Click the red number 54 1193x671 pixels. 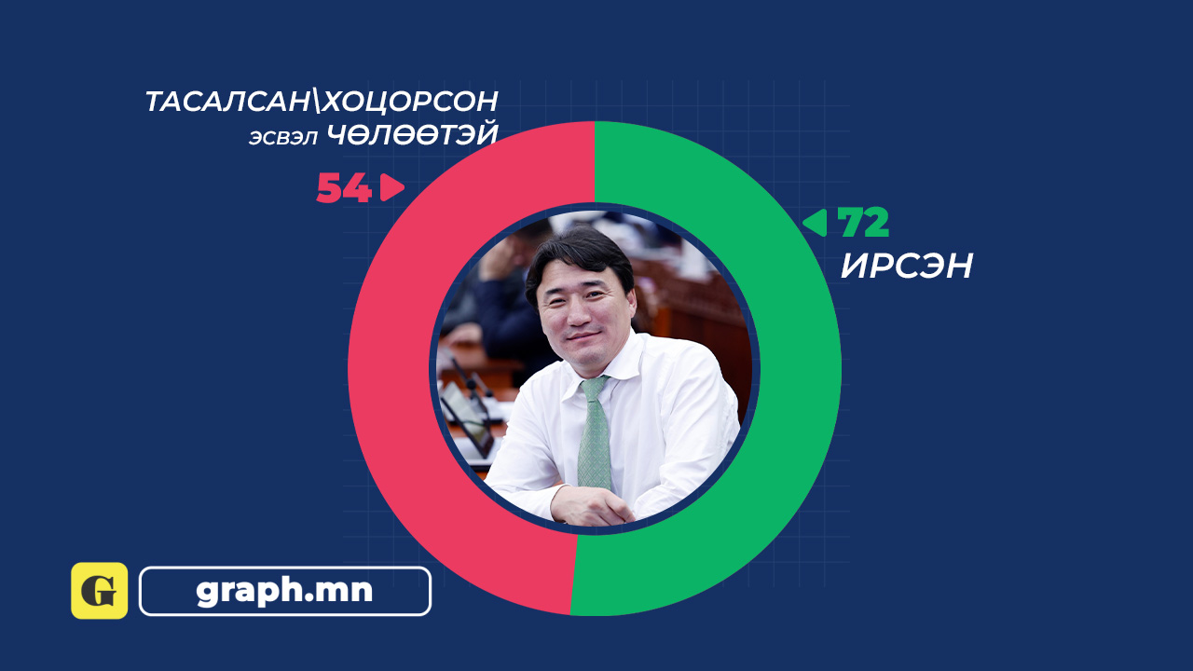point(344,187)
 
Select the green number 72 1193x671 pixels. point(863,222)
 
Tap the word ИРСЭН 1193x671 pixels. point(907,266)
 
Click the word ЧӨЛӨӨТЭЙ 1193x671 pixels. point(412,134)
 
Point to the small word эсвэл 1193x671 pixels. point(282,137)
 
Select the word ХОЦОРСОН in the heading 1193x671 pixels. point(410,102)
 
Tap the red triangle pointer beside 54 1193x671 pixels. point(392,187)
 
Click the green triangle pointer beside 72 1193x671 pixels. point(815,223)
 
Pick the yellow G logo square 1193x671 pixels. point(100,591)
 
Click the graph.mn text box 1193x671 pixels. point(285,591)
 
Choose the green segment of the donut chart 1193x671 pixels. point(799,367)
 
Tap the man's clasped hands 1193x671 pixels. point(591,506)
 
